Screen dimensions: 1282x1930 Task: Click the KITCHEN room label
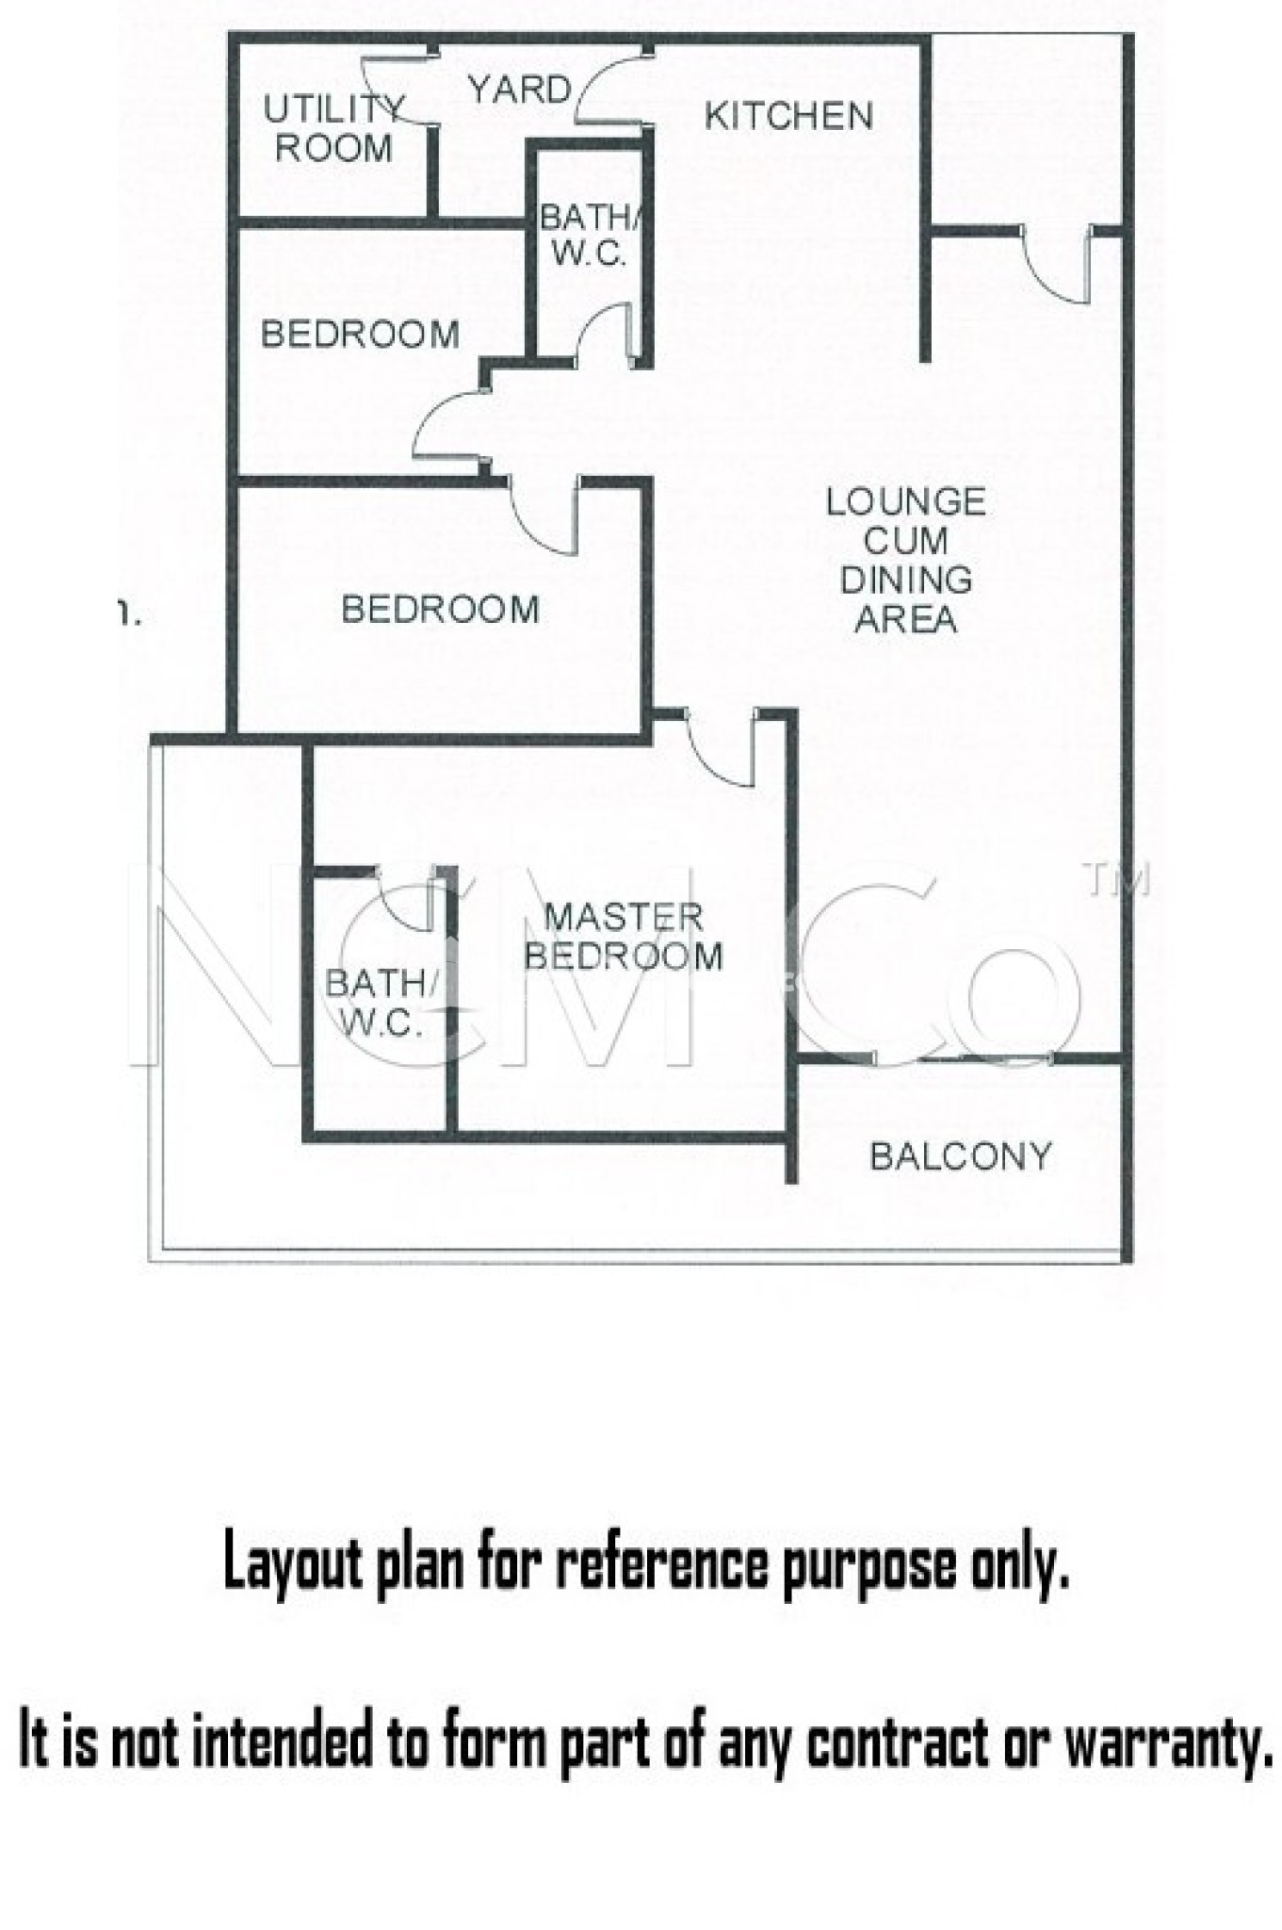tap(788, 116)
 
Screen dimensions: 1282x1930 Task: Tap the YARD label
tap(520, 90)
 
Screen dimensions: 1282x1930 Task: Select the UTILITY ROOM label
tap(333, 129)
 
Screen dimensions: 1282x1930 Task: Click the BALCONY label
tap(960, 1155)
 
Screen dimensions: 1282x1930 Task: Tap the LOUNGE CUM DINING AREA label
tap(905, 560)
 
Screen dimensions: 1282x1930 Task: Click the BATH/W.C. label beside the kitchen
tap(590, 236)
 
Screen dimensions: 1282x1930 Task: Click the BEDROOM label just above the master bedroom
tap(440, 609)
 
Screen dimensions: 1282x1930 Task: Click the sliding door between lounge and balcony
tap(961, 1058)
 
